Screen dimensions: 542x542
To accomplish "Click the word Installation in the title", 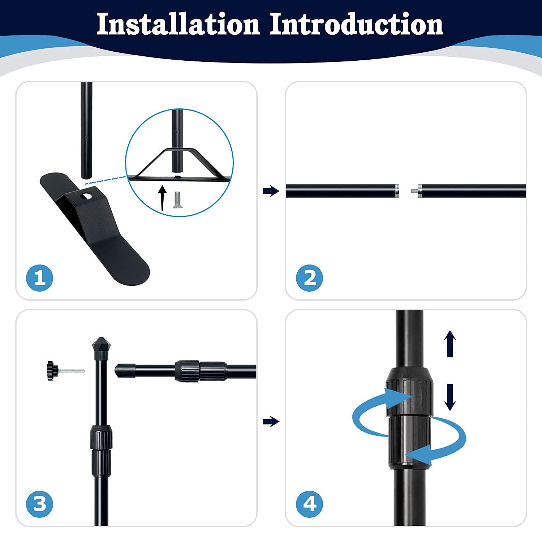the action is coord(178,24).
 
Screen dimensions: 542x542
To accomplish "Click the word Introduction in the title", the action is coord(356,24).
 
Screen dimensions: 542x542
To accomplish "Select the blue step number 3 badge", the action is coord(40,504).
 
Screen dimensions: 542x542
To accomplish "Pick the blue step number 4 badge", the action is coord(310,504).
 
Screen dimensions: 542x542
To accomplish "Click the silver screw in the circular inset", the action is coord(177,200).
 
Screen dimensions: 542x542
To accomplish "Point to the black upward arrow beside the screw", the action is coord(163,197).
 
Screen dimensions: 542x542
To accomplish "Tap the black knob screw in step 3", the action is coord(65,371).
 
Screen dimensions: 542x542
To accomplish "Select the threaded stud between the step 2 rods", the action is coord(415,190).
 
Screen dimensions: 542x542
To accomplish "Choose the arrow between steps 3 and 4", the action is coord(271,421).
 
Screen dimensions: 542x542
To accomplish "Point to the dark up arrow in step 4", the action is coord(450,344).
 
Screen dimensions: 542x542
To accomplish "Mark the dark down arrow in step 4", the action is coord(450,397).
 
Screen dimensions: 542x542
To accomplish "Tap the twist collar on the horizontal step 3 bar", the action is coord(200,371).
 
